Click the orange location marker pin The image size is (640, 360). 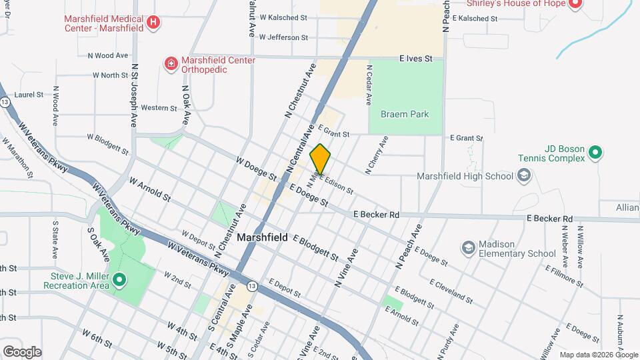pyautogui.click(x=321, y=159)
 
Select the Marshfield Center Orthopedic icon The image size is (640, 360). pyautogui.click(x=171, y=64)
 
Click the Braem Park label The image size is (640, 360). pyautogui.click(x=405, y=114)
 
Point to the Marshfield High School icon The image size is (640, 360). pyautogui.click(x=524, y=176)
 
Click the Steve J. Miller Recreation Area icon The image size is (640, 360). pyautogui.click(x=119, y=279)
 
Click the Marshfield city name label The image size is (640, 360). pyautogui.click(x=263, y=237)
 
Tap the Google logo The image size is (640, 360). pyautogui.click(x=22, y=351)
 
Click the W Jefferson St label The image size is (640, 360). pyautogui.click(x=283, y=38)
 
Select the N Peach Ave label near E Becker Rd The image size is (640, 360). pyautogui.click(x=408, y=247)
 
